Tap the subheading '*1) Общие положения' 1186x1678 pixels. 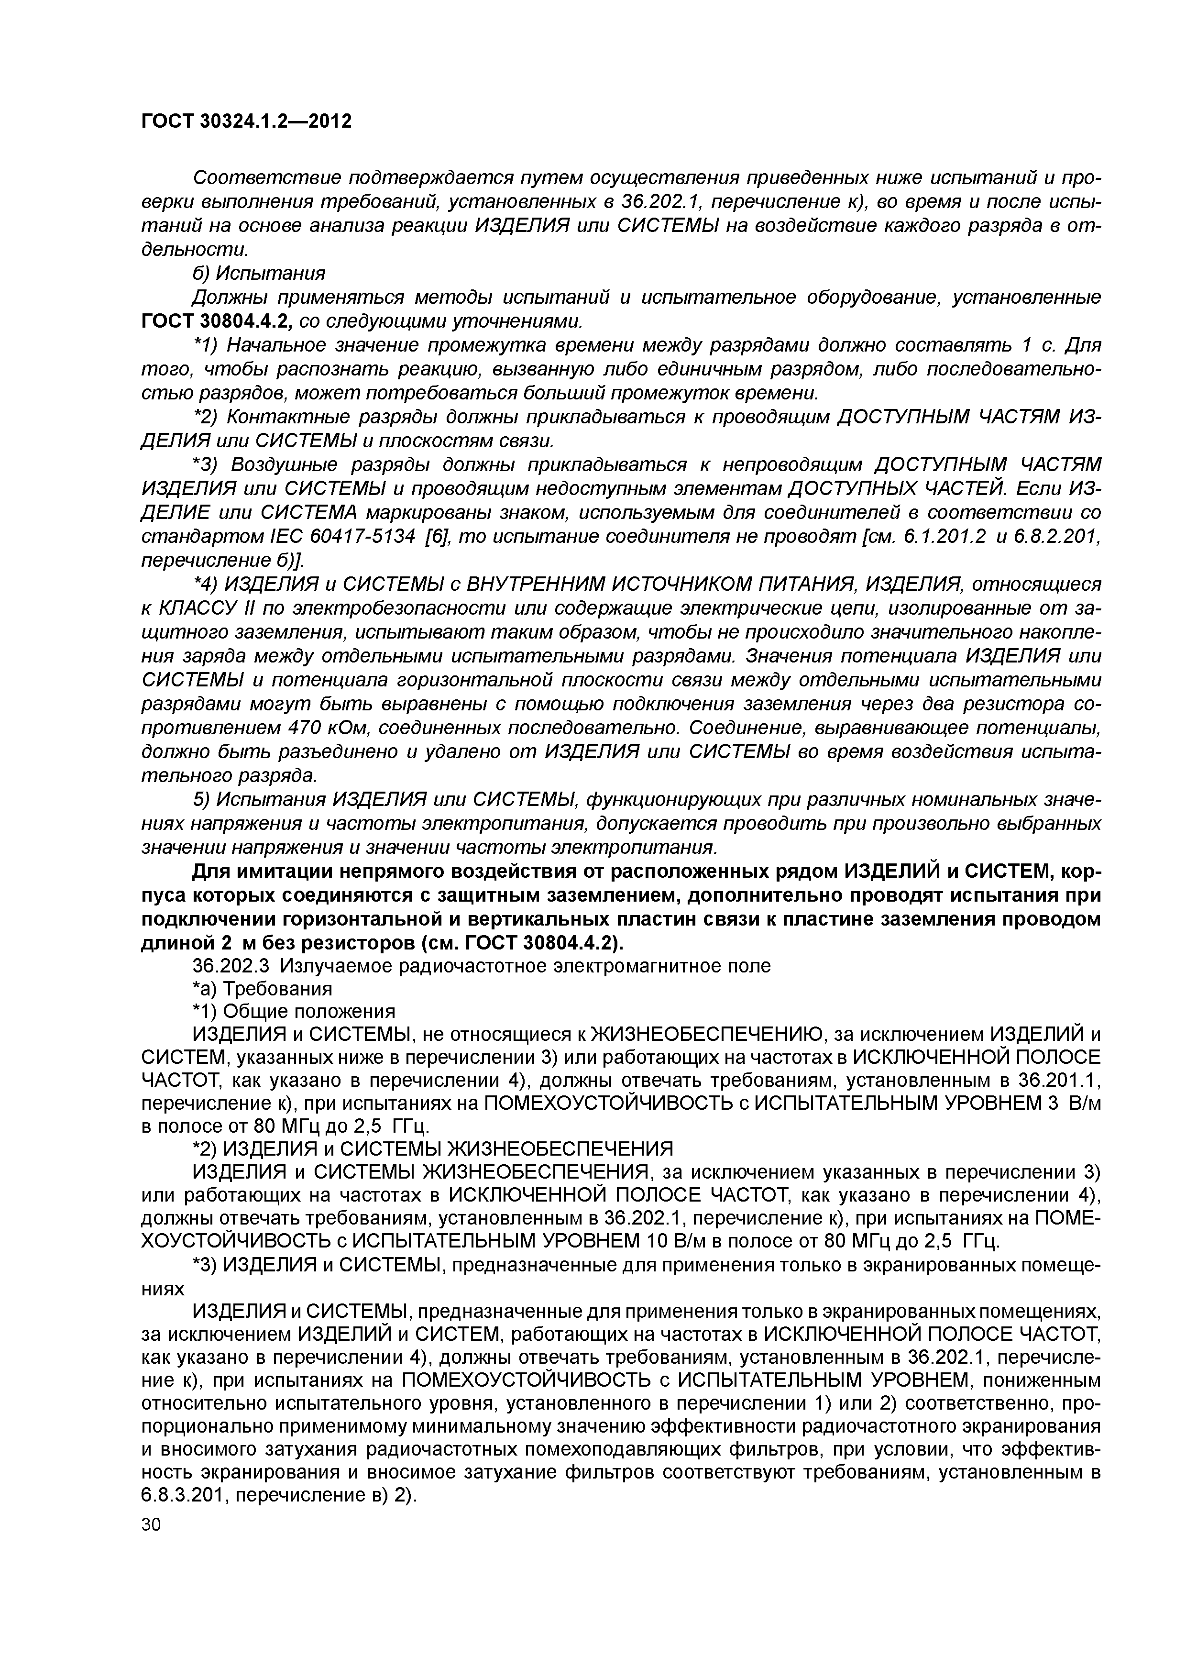tap(293, 1012)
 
